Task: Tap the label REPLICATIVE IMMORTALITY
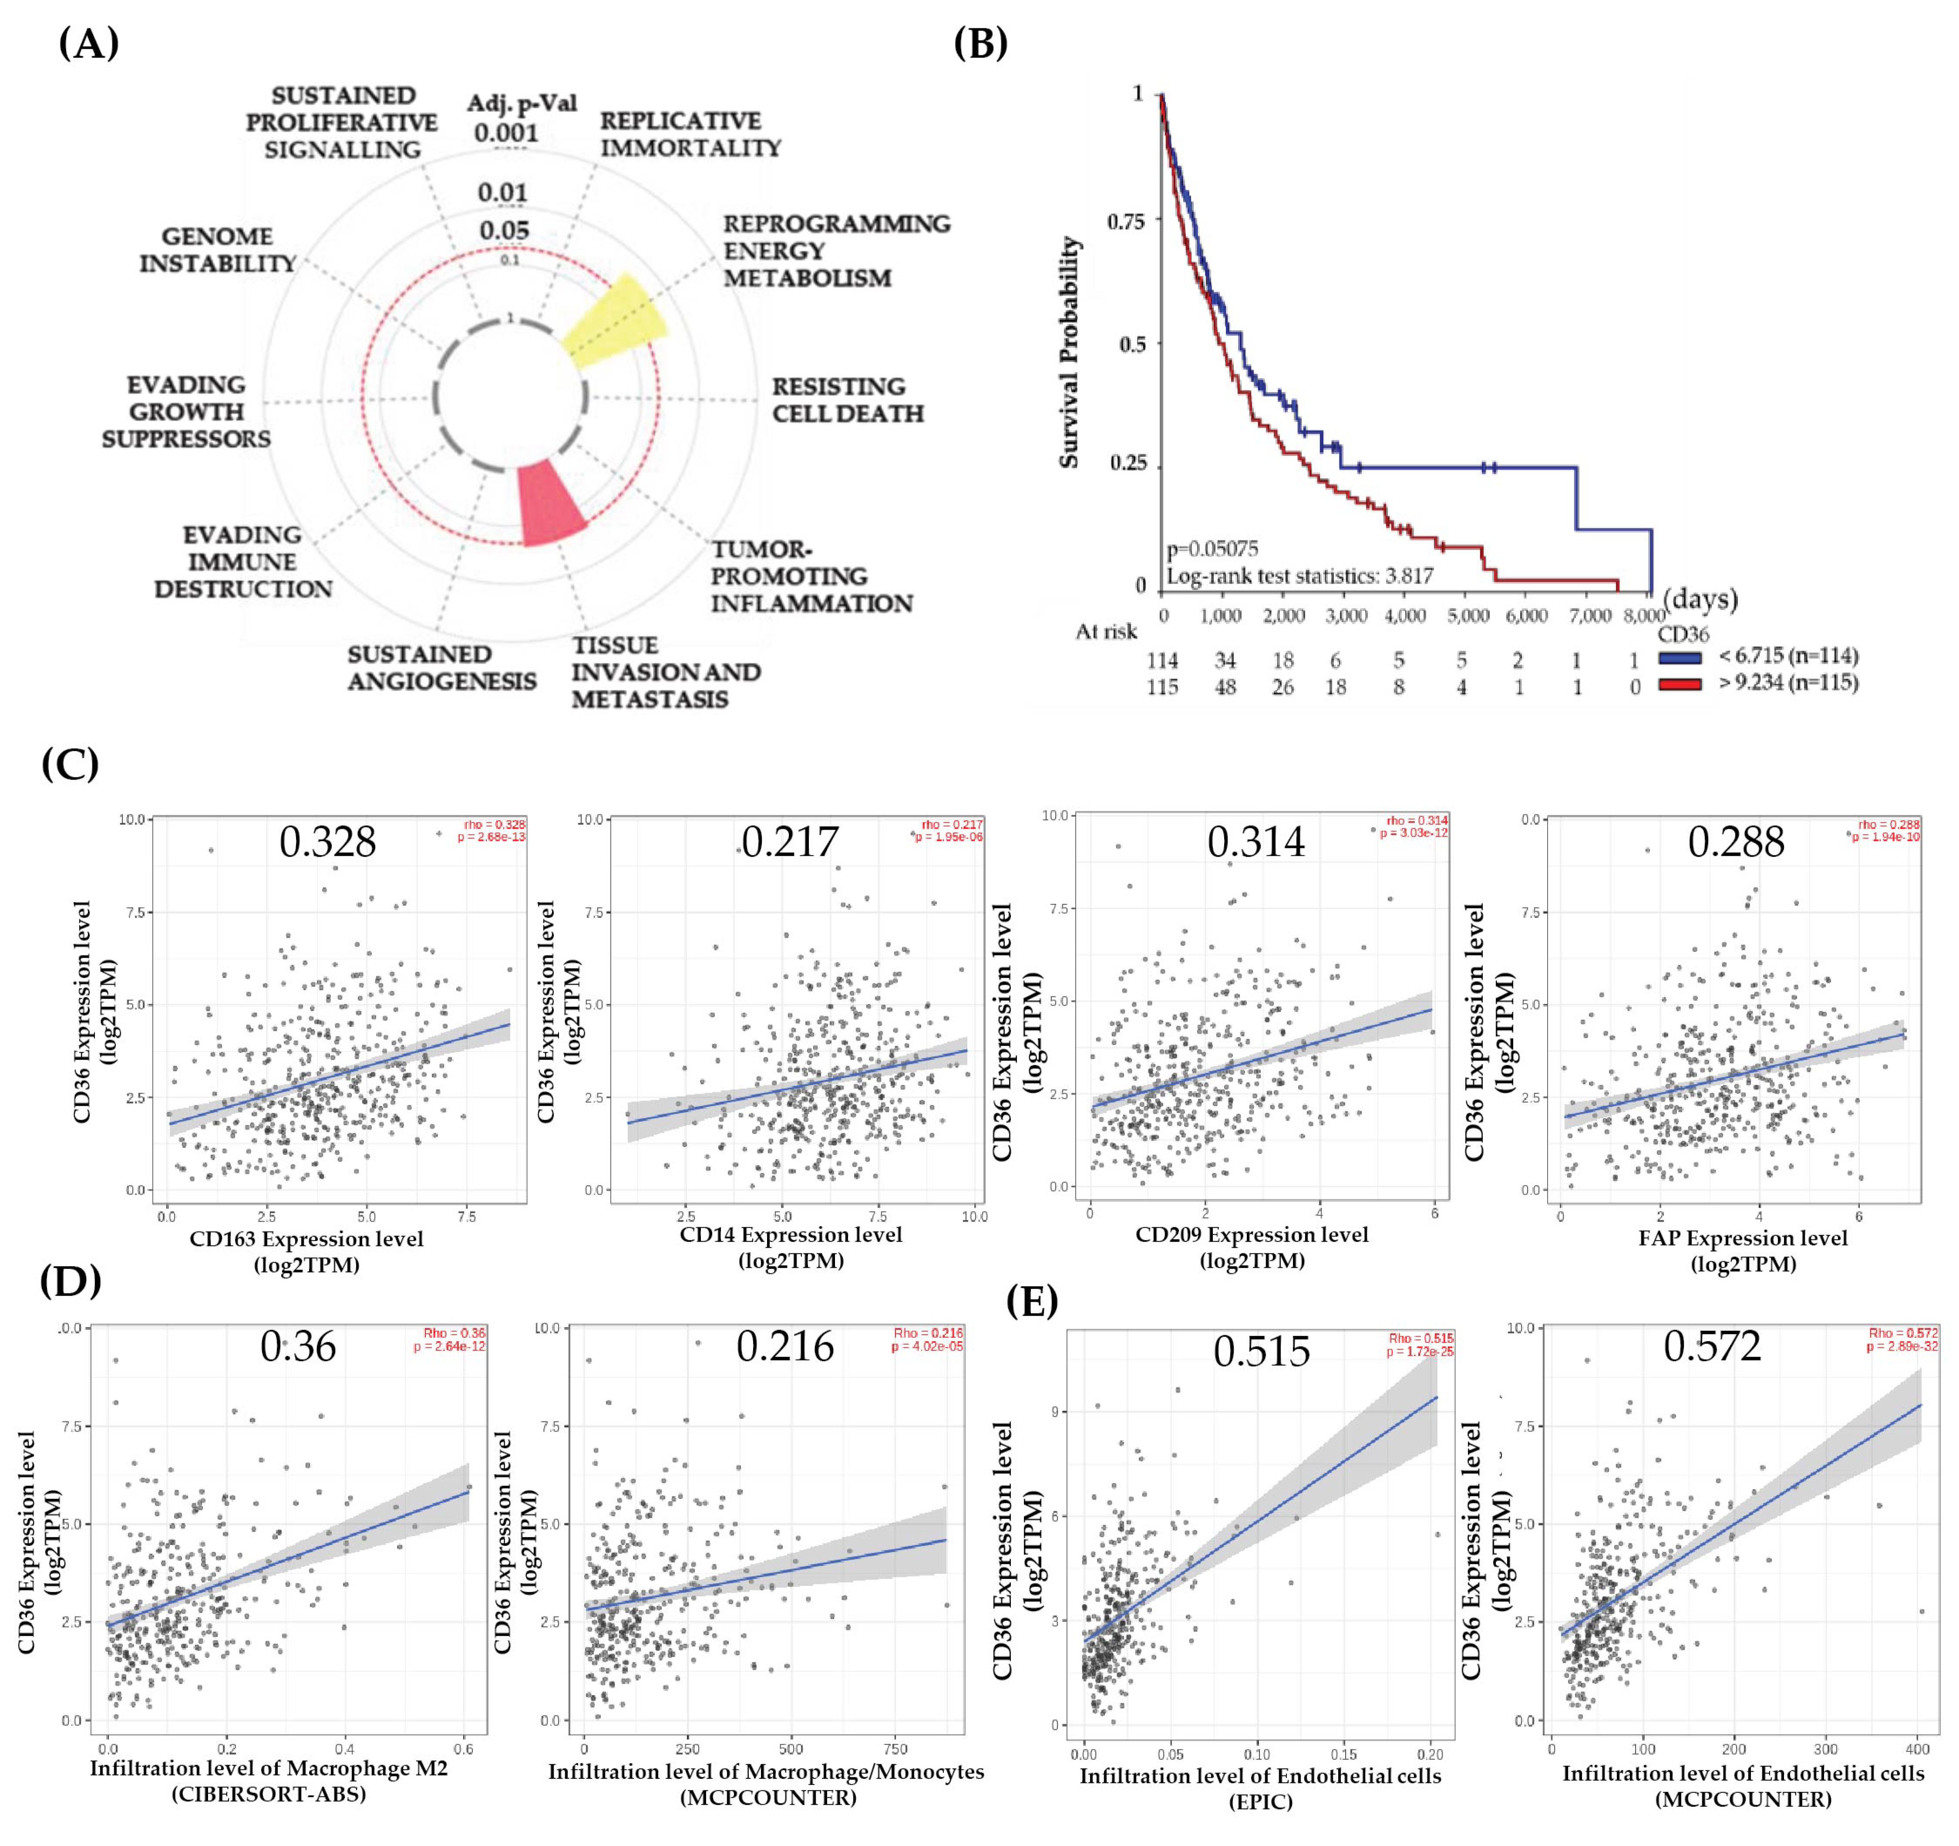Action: click(690, 134)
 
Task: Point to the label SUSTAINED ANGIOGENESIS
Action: click(441, 667)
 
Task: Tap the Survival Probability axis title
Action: click(1069, 352)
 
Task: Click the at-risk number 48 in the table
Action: click(1225, 687)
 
